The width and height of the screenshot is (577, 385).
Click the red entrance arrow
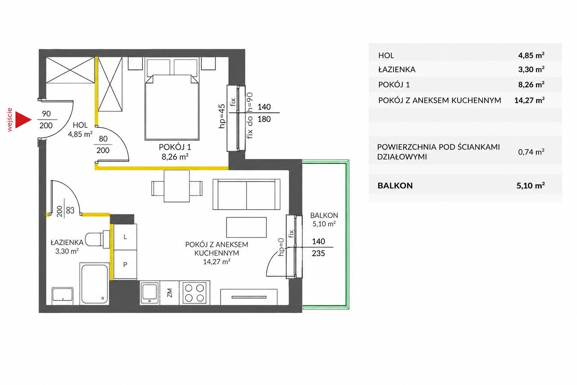coord(22,120)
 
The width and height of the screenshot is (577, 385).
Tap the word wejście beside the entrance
coord(10,120)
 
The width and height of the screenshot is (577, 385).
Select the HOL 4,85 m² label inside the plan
coord(80,130)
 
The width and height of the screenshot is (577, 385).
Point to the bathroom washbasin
coord(62,296)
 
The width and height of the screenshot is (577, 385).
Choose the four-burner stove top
coord(194,293)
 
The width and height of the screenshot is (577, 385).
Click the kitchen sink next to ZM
coord(150,293)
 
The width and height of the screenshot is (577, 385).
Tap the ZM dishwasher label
coord(169,293)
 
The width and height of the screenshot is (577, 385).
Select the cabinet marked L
coord(125,237)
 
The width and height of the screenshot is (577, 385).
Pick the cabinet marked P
coord(125,264)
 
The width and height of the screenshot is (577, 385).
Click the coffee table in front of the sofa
coord(246,227)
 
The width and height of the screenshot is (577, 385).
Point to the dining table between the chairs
coord(177,186)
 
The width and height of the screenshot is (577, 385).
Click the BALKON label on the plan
coord(324,215)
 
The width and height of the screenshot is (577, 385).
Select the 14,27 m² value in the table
coord(530,100)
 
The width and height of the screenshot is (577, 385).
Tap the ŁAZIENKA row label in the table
coord(397,69)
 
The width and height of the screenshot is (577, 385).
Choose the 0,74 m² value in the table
coord(531,152)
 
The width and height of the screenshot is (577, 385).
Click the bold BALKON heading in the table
coord(395,186)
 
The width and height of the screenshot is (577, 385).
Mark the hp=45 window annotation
coord(222,116)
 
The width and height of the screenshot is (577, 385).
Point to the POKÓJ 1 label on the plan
coord(175,147)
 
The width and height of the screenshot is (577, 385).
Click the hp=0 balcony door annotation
coord(281,247)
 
